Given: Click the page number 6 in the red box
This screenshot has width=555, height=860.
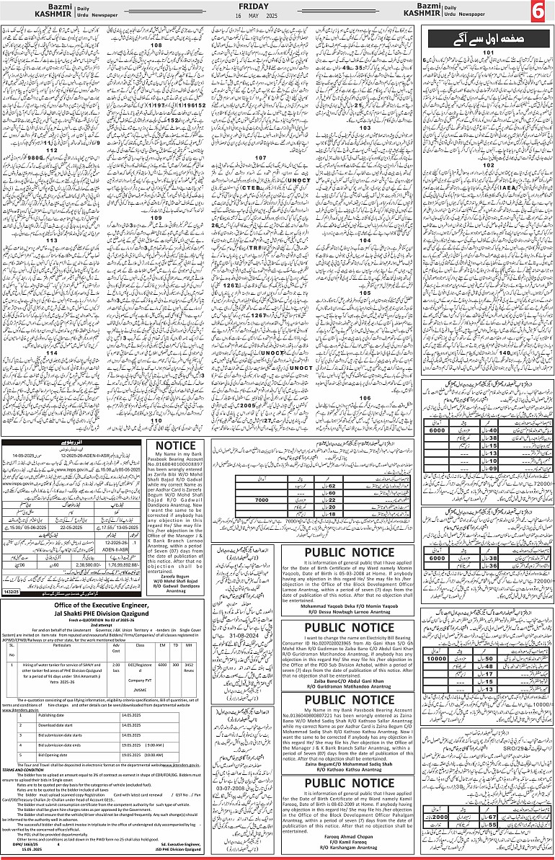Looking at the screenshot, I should click(541, 12).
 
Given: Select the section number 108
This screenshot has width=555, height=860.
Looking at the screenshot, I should click(156, 45).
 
